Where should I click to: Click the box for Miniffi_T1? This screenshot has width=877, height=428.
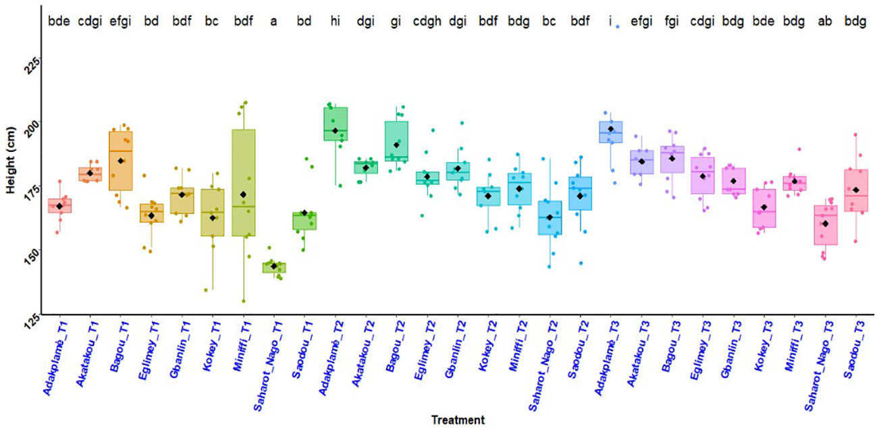click(243, 182)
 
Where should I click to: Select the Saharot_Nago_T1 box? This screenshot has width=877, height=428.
click(273, 267)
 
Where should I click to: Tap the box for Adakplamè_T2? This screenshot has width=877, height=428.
click(335, 124)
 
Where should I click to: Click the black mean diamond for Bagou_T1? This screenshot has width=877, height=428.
click(121, 161)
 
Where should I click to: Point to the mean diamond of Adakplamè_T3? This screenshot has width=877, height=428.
click(611, 129)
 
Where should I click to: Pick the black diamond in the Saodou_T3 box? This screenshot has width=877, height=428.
click(856, 190)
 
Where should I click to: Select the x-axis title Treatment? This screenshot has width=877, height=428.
click(458, 419)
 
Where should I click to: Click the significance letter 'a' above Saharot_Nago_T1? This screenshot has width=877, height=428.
click(273, 22)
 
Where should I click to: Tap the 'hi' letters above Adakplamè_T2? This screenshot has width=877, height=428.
click(335, 22)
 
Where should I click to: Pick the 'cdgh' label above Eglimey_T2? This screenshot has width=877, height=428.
click(427, 22)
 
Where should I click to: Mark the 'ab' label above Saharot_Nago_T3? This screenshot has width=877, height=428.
click(825, 22)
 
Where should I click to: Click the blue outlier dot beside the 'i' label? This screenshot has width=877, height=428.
click(618, 27)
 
